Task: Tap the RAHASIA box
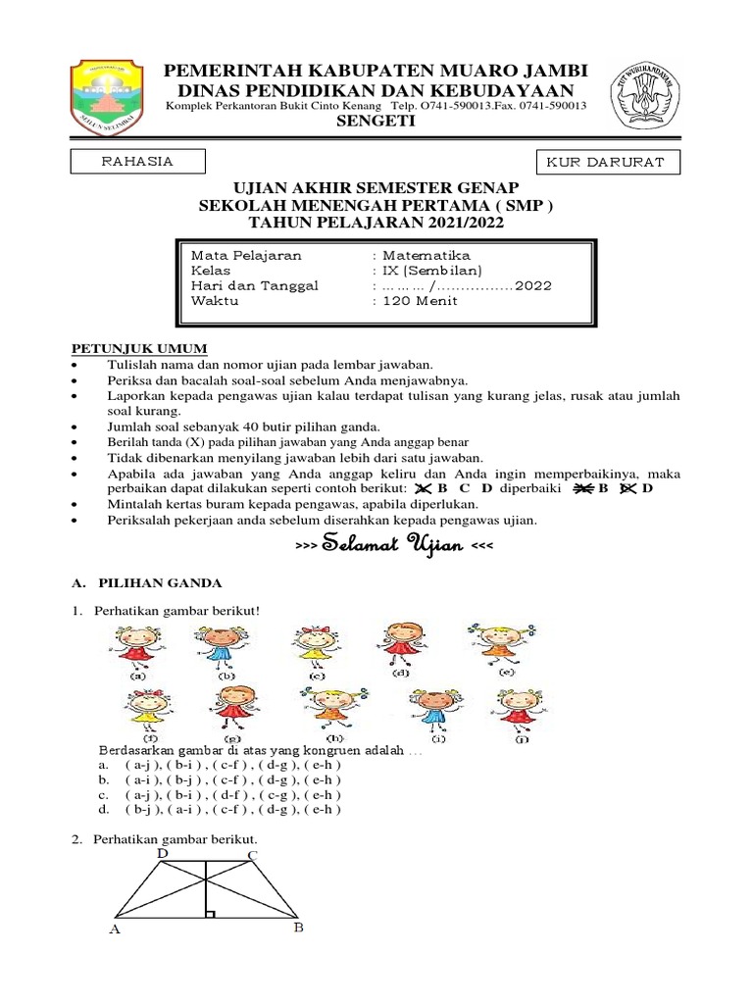click(138, 162)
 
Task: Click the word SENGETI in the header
click(376, 121)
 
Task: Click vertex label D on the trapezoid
click(163, 854)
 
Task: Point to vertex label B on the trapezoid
click(299, 928)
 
